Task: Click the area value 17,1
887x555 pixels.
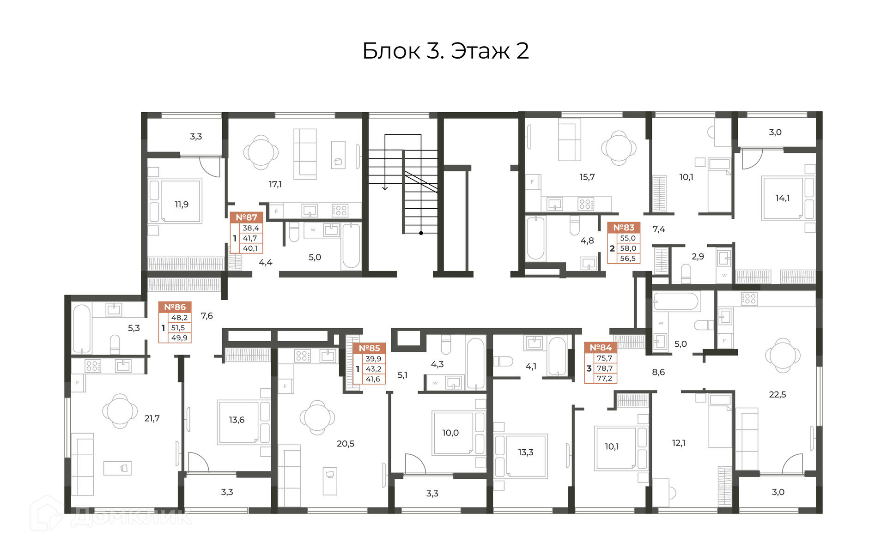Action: click(x=275, y=184)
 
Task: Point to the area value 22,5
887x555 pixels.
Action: click(x=778, y=394)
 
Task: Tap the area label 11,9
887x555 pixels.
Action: click(x=182, y=204)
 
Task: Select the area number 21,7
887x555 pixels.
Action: click(x=152, y=418)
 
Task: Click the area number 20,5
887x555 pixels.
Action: click(x=346, y=443)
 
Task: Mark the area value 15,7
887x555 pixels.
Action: click(x=587, y=177)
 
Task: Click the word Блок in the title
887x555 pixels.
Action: click(x=391, y=51)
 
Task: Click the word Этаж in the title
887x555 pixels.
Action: click(x=480, y=51)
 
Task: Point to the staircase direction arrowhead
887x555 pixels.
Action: click(x=385, y=187)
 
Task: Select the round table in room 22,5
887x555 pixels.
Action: click(x=783, y=356)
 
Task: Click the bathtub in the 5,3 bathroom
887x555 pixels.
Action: click(x=82, y=328)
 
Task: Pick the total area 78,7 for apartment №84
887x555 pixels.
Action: click(x=605, y=368)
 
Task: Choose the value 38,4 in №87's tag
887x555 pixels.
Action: click(x=251, y=228)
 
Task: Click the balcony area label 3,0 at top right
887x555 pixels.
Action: click(x=775, y=132)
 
